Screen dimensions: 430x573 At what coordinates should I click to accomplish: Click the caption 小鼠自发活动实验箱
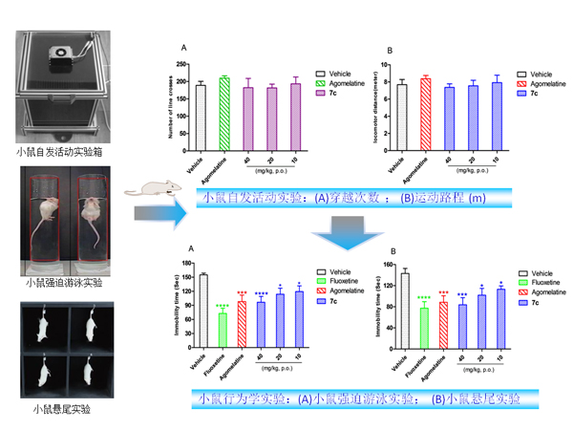coord(64,151)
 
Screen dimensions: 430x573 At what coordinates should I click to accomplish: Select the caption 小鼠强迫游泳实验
coord(64,283)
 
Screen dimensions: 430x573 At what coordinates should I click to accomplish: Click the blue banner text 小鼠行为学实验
coord(240,398)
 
